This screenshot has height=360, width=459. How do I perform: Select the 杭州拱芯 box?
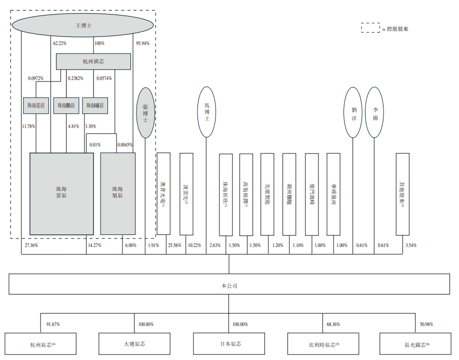93,61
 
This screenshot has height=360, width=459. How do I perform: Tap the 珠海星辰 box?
36,105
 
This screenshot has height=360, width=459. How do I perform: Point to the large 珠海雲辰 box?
61,193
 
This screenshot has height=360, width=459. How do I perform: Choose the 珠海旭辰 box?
117,193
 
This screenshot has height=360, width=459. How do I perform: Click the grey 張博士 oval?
145,112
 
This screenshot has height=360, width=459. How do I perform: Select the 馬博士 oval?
206,112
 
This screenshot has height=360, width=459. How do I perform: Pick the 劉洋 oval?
353,112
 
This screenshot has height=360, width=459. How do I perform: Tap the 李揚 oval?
374,112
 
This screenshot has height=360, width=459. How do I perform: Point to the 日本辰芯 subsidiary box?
229,344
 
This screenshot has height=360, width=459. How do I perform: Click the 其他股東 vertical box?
402,193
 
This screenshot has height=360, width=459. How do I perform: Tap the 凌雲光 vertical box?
186,193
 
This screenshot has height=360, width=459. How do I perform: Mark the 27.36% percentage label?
31,245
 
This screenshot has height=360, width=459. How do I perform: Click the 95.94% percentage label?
142,43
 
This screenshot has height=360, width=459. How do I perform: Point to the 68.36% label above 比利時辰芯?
332,324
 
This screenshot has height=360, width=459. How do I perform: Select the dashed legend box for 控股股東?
370,28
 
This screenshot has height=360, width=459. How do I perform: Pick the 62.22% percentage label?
59,43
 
